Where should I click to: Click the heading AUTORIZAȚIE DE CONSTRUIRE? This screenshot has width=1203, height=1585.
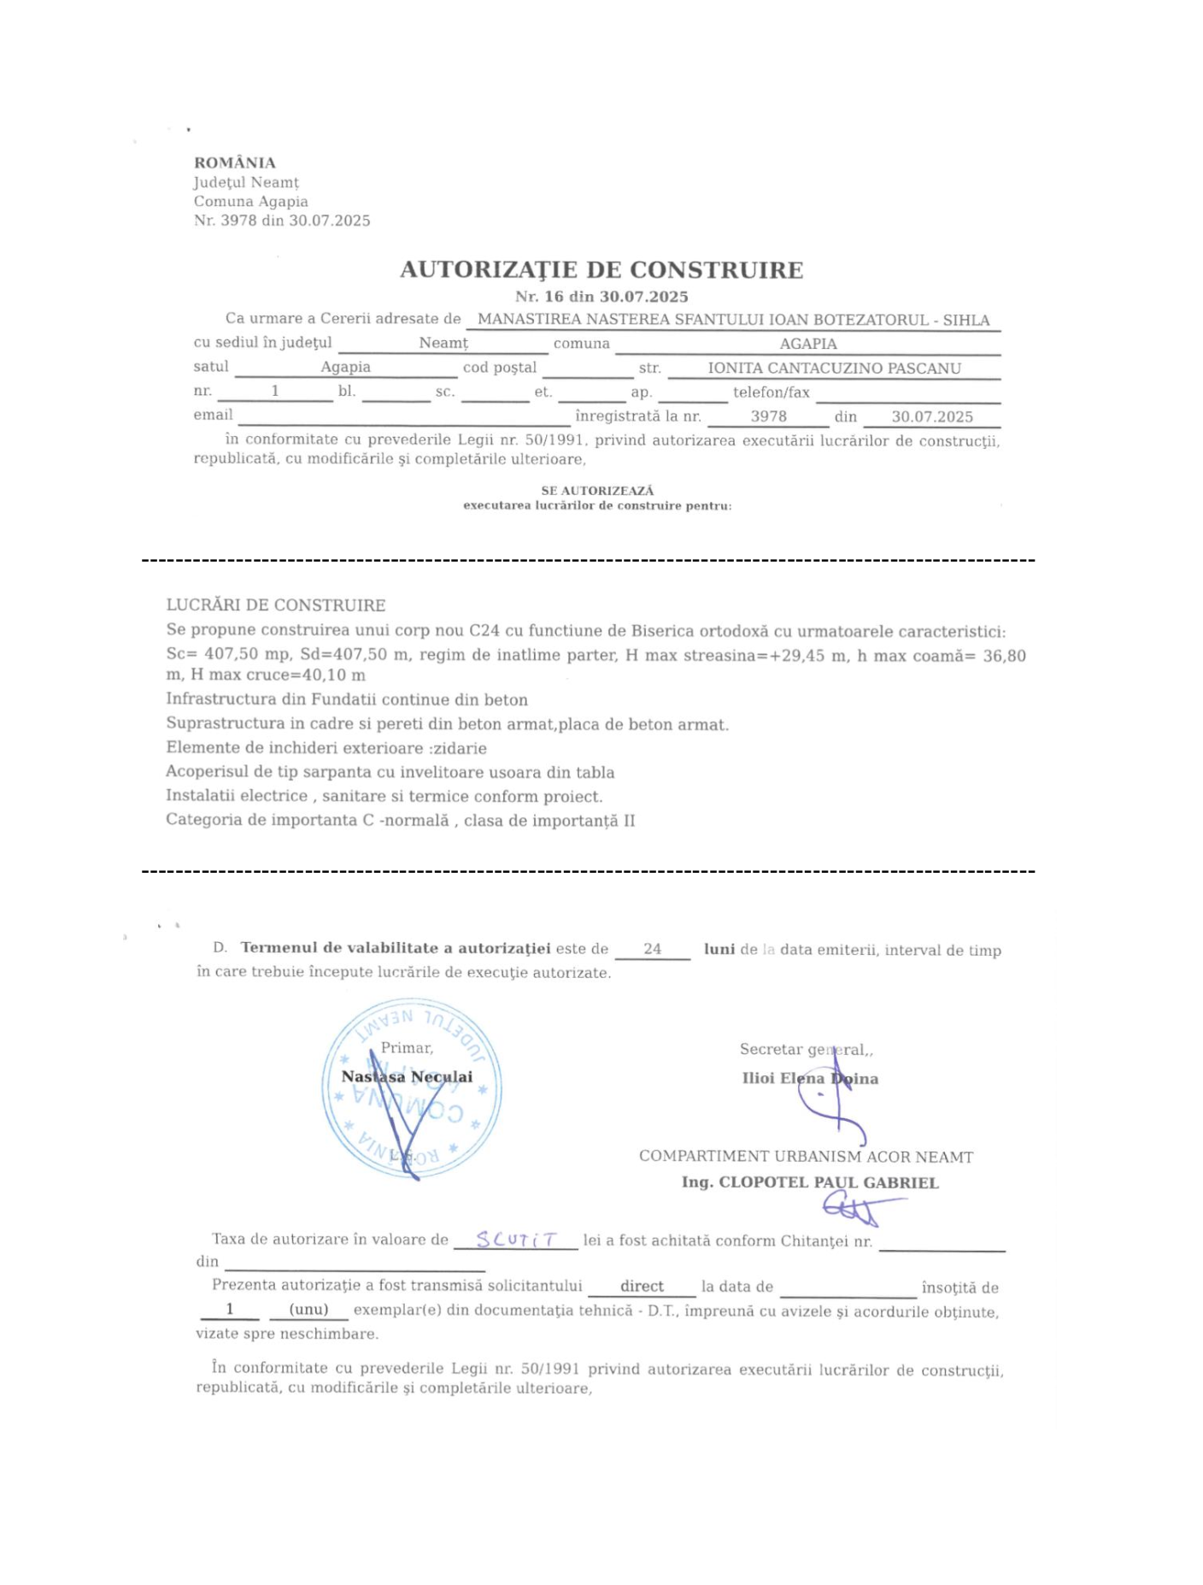click(601, 270)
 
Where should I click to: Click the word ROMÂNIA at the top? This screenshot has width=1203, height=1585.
click(235, 162)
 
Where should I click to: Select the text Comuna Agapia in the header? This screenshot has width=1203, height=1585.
click(250, 202)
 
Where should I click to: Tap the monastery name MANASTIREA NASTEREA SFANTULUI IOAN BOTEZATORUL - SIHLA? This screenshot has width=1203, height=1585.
click(733, 320)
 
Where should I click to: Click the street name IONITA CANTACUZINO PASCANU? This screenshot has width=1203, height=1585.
click(834, 368)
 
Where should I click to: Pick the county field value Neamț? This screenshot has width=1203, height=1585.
click(443, 344)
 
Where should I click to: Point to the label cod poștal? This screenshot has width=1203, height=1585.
click(500, 368)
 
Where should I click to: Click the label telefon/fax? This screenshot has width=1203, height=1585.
click(771, 392)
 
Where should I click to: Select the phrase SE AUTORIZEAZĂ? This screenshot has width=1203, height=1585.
click(597, 491)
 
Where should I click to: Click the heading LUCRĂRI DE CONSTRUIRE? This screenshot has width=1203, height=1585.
click(276, 605)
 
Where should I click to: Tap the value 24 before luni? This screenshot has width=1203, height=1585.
click(652, 949)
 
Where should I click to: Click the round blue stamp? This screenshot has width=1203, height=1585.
click(412, 1087)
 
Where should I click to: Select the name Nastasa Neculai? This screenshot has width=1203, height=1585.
click(407, 1076)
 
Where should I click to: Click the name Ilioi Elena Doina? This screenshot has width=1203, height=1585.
click(810, 1078)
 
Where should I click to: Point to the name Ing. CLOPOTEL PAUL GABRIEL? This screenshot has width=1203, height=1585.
click(810, 1182)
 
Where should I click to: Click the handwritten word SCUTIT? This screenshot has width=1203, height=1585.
click(516, 1239)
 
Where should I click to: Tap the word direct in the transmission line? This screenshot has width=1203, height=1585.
click(642, 1286)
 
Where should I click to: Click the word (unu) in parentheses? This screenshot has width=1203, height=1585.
click(308, 1309)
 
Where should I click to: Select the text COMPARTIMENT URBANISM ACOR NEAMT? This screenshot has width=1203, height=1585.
click(806, 1157)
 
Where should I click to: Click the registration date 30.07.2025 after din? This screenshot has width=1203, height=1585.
click(932, 416)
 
